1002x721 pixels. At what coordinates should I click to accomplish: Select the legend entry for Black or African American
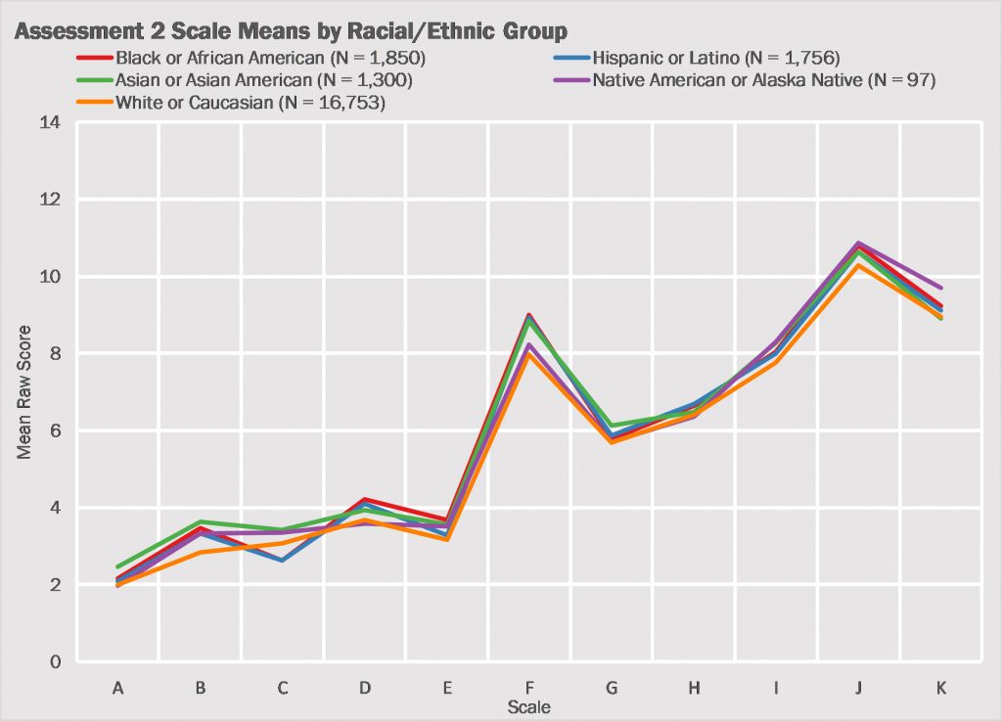point(269,58)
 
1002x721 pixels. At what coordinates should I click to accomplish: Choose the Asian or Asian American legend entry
point(261,80)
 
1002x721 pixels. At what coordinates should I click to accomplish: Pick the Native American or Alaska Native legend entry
point(764,80)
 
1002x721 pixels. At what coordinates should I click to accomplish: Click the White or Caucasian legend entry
point(250,103)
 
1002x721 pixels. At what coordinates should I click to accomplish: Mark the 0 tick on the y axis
point(56,662)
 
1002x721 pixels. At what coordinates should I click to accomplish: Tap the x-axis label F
point(529,689)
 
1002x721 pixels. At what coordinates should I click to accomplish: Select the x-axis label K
point(940,689)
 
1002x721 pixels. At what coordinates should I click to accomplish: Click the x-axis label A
point(118,689)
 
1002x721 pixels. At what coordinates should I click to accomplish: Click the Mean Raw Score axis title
point(24,392)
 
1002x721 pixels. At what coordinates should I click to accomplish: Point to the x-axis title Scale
point(528,706)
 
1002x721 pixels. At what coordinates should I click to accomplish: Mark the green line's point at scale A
point(118,567)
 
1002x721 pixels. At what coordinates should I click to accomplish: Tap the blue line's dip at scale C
point(283,561)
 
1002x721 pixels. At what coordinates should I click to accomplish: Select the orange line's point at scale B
point(201,553)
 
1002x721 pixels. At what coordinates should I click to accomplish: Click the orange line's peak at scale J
point(858,265)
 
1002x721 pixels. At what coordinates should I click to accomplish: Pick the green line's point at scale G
point(612,427)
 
